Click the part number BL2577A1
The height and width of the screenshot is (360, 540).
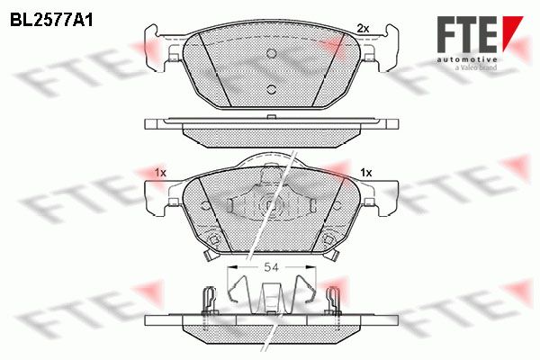point(51,21)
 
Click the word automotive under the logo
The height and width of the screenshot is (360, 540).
point(467,60)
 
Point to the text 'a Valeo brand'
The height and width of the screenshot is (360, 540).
point(476,67)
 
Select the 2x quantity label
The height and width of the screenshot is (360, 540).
point(363,29)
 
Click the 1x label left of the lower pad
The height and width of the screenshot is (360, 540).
point(160,173)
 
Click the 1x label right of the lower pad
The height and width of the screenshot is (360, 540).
point(366,173)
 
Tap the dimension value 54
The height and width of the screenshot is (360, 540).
point(271,267)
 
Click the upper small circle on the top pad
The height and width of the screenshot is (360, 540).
point(272,53)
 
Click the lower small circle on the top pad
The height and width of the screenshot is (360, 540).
point(272,89)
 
